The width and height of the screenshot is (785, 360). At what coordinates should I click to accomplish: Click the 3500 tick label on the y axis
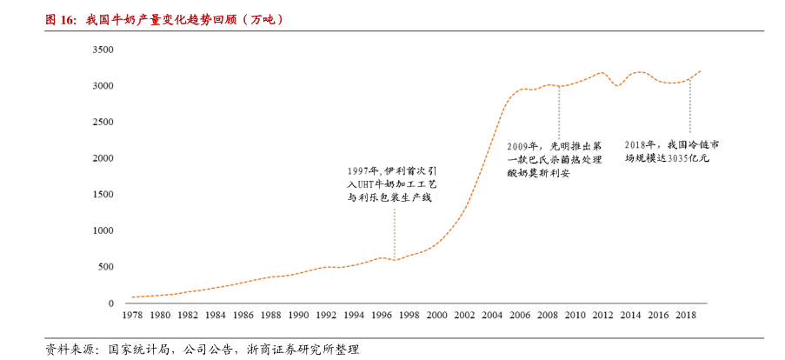[103, 50]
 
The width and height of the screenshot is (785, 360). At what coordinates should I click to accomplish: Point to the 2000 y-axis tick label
[103, 158]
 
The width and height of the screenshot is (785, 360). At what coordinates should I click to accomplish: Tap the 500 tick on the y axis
[106, 267]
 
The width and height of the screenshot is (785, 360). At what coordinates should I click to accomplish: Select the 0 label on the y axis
[111, 303]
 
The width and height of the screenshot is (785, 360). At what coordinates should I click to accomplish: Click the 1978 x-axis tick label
[132, 315]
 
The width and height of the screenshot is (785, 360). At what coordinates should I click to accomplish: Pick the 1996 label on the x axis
[381, 315]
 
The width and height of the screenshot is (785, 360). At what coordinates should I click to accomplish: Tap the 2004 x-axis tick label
[491, 315]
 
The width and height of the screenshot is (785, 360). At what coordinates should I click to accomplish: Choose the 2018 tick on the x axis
[685, 315]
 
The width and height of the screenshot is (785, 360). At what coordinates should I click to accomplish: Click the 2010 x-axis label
[575, 315]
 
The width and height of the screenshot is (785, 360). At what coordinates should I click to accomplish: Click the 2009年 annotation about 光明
[554, 159]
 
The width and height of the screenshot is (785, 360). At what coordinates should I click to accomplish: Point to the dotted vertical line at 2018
[689, 109]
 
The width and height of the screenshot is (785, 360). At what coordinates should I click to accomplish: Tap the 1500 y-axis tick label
[103, 195]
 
